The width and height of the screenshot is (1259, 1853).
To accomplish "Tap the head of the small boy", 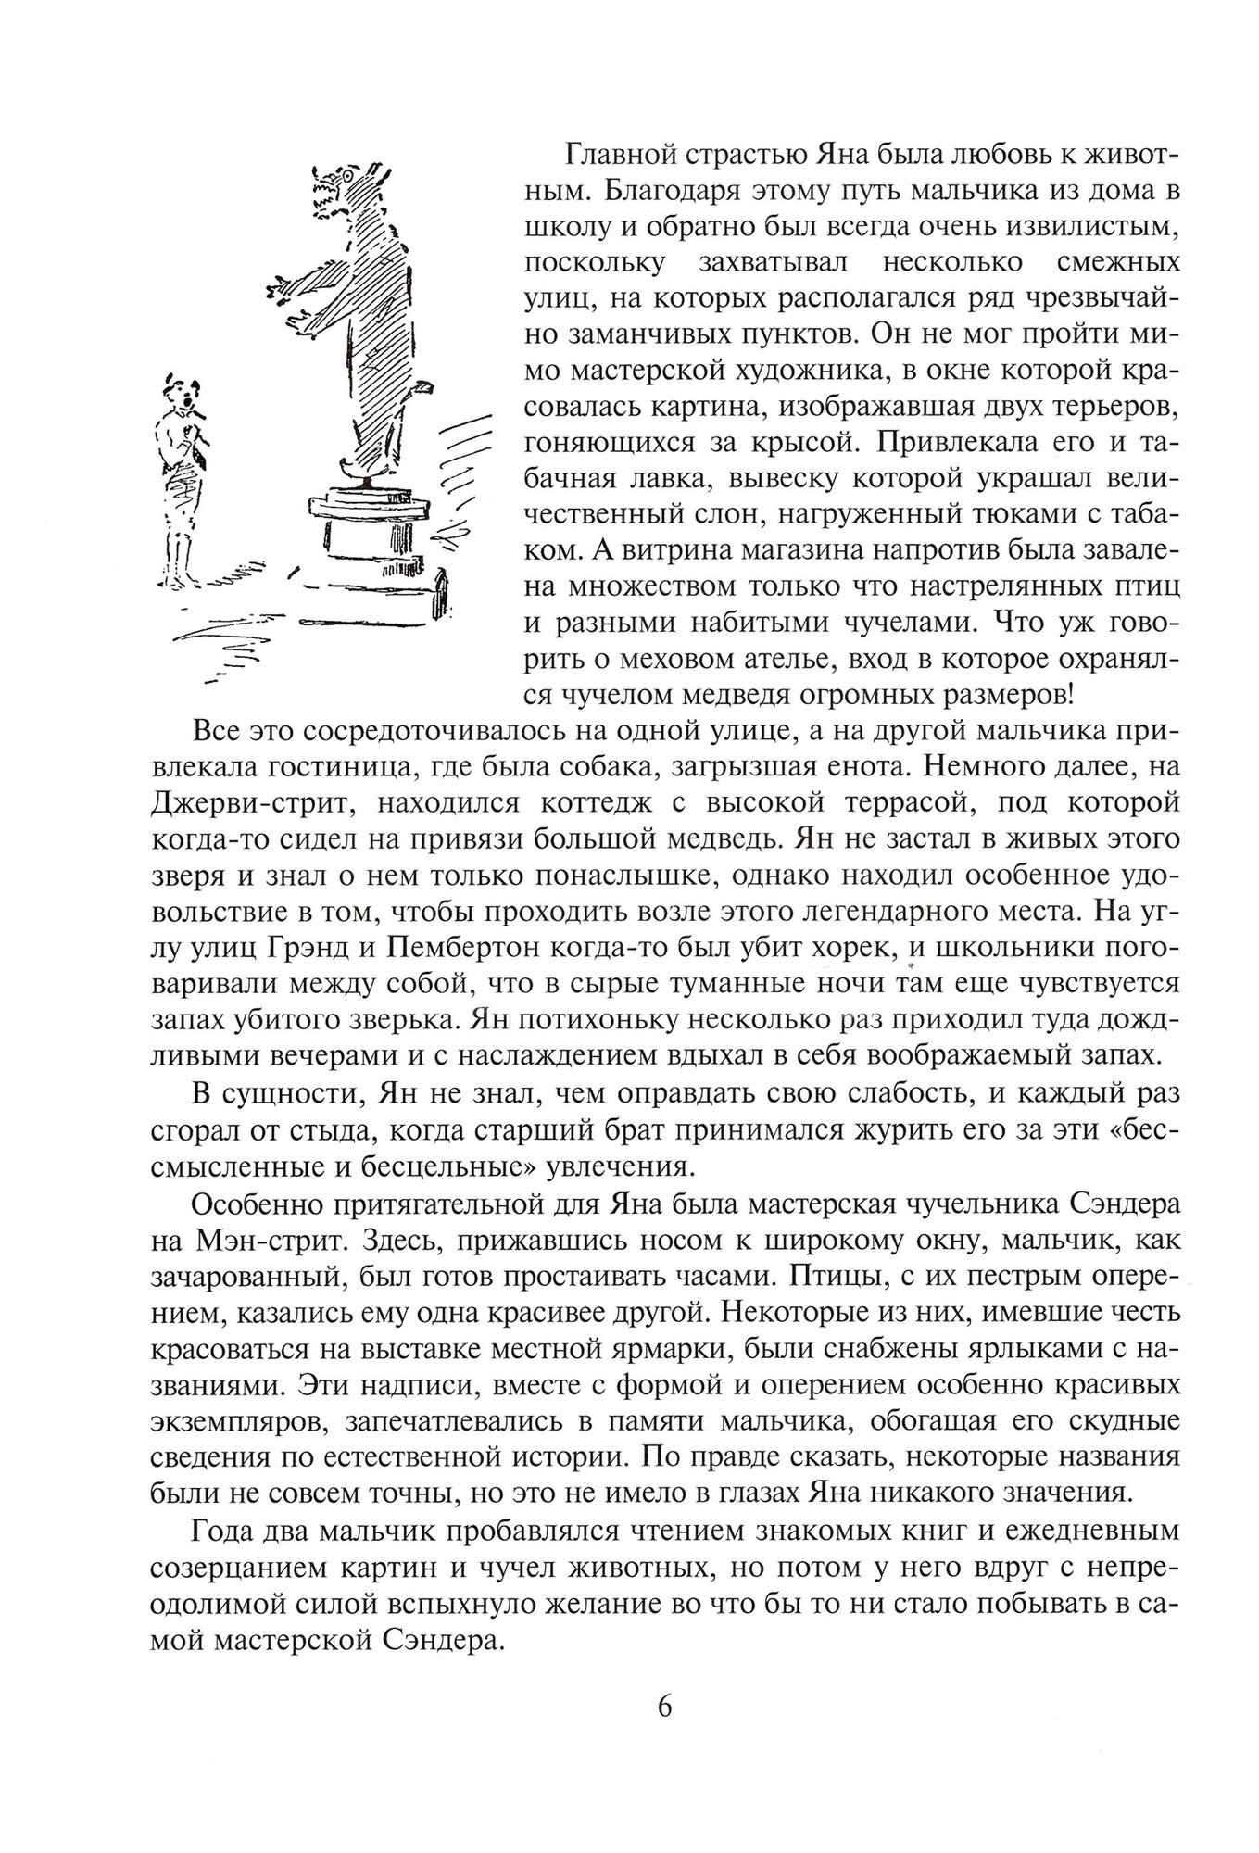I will pos(183,394).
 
